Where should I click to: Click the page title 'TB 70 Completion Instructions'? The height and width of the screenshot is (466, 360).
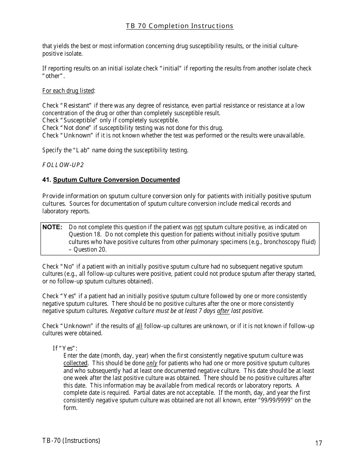click(180, 26)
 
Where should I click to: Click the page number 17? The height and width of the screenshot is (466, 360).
click(318, 443)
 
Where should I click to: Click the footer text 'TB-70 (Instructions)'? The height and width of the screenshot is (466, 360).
click(71, 440)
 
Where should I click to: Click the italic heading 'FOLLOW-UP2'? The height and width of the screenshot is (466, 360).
click(63, 165)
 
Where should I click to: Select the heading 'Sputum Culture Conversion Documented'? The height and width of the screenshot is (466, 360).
click(116, 180)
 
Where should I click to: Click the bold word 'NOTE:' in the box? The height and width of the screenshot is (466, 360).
click(52, 227)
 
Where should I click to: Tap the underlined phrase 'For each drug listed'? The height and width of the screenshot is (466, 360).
click(68, 91)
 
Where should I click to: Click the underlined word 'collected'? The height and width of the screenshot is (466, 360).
click(75, 363)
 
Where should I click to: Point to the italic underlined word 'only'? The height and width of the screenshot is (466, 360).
click(152, 363)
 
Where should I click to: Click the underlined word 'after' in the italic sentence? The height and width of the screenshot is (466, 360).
click(223, 311)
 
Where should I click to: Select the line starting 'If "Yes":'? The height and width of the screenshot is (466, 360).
click(65, 348)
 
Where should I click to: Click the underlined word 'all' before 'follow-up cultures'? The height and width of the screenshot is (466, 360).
click(139, 326)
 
